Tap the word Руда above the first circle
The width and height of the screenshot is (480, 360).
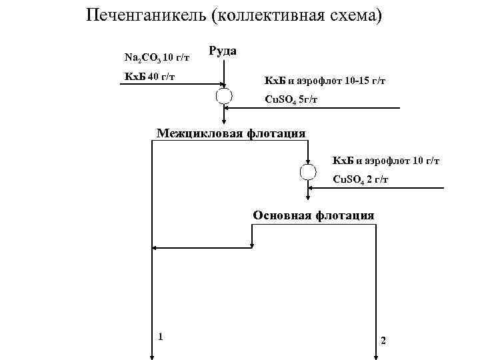pos(223,51)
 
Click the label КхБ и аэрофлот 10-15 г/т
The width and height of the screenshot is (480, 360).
pos(325,81)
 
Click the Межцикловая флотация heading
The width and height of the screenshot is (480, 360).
pos(231,133)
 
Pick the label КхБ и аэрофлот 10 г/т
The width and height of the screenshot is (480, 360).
pos(386,161)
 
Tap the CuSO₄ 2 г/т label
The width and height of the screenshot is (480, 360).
pos(361,180)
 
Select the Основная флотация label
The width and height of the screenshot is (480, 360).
pos(313,215)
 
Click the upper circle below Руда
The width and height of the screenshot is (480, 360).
pos(223,95)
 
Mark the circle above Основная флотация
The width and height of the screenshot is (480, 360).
pos(308,172)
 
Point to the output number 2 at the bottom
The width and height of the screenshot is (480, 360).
pos(383,341)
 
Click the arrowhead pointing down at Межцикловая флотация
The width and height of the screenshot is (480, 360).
pos(223,122)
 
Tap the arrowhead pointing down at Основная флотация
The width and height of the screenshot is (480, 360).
pos(308,205)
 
